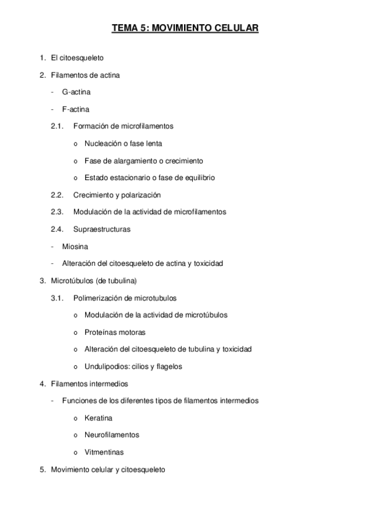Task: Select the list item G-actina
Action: coord(77,92)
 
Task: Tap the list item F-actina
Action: coord(76,109)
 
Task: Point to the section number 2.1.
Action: coord(57,126)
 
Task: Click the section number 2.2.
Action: coord(57,195)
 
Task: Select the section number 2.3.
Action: coord(57,212)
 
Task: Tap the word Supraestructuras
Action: coord(101,229)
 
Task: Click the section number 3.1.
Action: coord(57,298)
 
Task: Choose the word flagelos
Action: coord(169,366)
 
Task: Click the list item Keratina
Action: coord(98,418)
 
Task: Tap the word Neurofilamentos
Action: coord(112,435)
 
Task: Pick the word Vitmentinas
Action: coord(104,452)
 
